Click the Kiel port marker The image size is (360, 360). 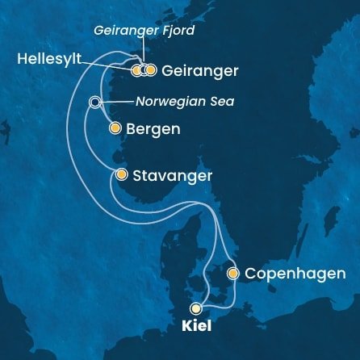195,308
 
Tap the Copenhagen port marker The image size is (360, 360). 232,274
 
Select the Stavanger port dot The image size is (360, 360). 121,174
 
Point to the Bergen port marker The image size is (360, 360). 115,128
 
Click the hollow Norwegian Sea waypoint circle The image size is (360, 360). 95,102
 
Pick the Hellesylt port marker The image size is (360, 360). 136,70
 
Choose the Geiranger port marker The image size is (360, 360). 150,70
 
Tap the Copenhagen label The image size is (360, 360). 295,274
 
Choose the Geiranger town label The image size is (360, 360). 200,71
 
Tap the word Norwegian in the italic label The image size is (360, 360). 165,103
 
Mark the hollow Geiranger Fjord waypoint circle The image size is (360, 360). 143,70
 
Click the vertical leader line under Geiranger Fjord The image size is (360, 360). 143,52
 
